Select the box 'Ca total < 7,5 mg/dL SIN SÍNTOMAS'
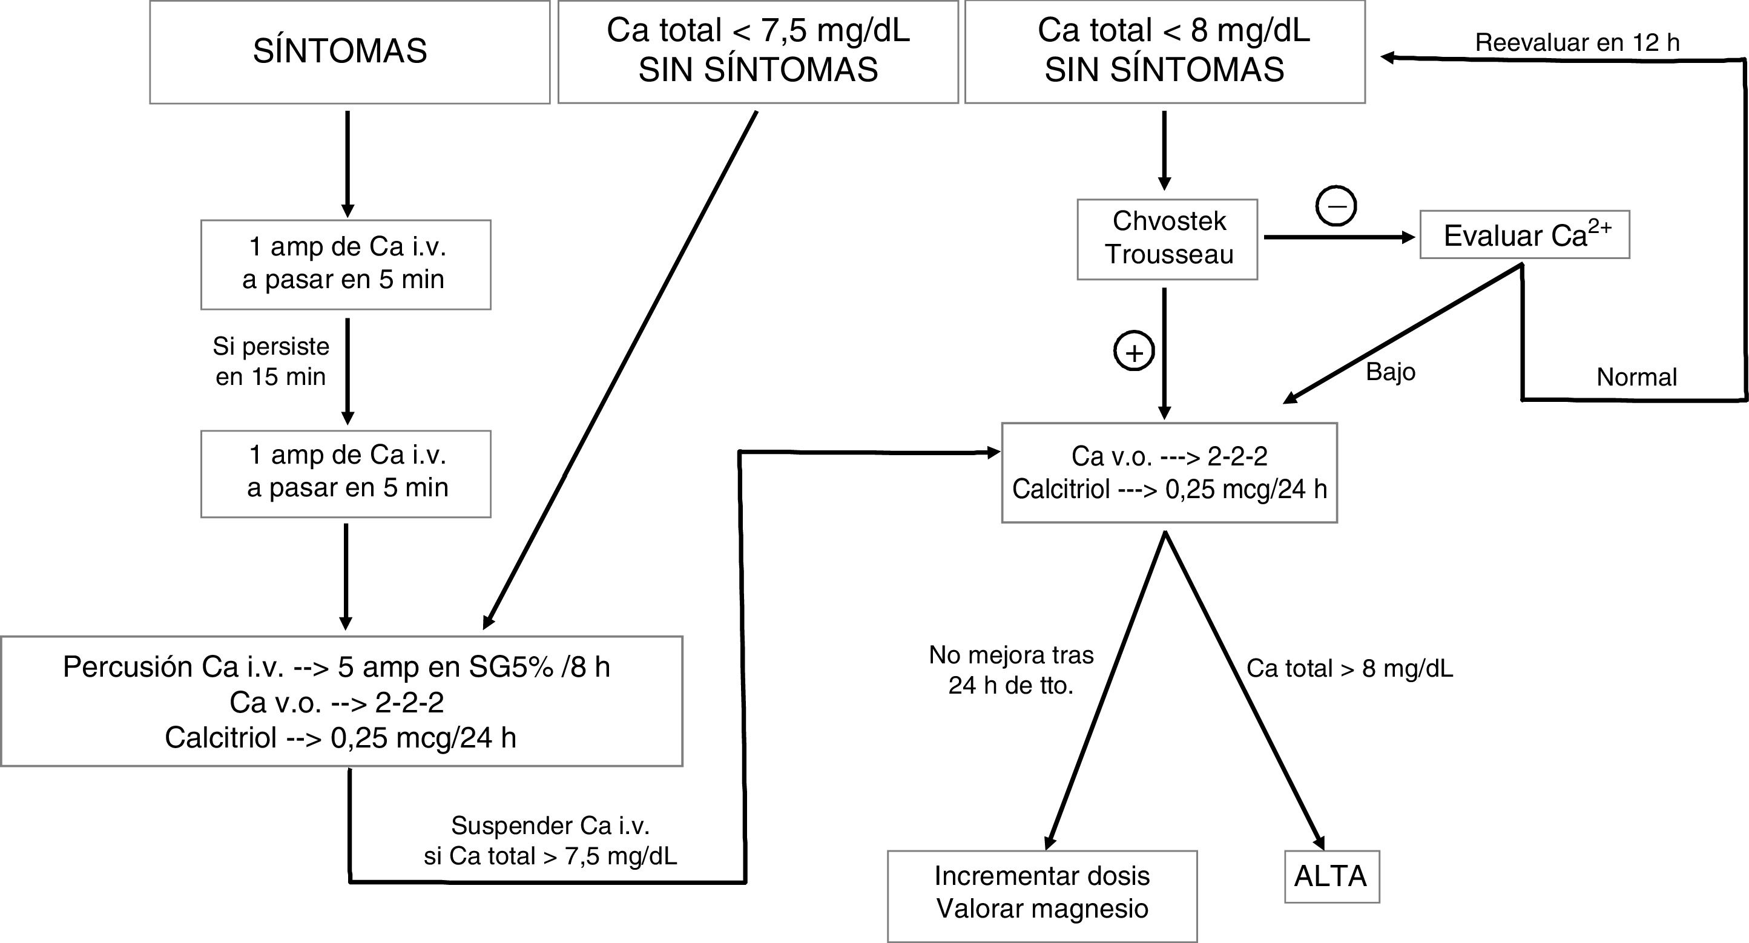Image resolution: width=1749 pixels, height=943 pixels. (758, 51)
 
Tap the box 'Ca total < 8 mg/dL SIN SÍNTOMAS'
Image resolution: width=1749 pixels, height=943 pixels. (1164, 51)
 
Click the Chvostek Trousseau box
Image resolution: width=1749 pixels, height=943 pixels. (1167, 238)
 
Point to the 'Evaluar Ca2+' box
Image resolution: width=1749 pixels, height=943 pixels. (1524, 235)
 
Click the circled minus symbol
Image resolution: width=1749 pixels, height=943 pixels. (1336, 206)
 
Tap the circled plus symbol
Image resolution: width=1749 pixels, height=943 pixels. (1134, 352)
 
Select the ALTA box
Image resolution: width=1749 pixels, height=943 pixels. (1331, 876)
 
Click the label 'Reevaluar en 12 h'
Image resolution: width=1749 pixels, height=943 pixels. (1577, 43)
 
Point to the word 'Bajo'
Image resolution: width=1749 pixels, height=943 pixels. (1391, 372)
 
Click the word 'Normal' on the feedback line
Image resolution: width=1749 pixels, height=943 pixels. (1636, 377)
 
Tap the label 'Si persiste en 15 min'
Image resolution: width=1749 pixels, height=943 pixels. (271, 361)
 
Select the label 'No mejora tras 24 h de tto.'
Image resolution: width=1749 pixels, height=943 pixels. (1011, 669)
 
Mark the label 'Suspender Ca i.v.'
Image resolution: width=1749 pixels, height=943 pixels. (550, 826)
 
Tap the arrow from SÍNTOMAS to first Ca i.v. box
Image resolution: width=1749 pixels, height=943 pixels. (347, 163)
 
